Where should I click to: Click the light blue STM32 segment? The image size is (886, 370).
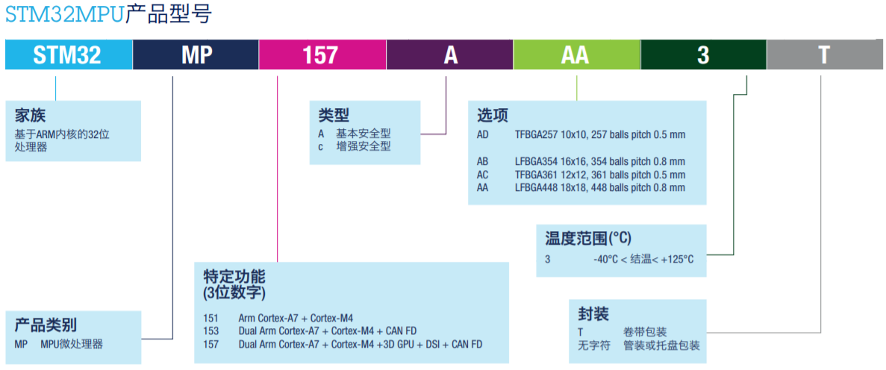click(x=69, y=55)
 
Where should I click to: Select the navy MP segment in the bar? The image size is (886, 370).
click(x=196, y=55)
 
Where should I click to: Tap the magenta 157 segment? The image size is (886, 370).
click(x=322, y=55)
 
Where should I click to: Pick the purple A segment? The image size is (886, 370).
click(x=449, y=55)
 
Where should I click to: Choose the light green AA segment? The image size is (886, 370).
click(x=576, y=55)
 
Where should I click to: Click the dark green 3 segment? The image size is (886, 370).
click(x=703, y=55)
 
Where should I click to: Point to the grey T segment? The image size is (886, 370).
click(x=824, y=55)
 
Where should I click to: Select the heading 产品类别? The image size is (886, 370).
click(x=46, y=325)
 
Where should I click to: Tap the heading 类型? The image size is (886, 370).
click(x=334, y=116)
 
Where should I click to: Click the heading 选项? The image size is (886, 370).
click(x=493, y=116)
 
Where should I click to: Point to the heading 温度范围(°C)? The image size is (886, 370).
click(x=588, y=239)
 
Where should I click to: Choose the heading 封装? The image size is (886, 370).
click(x=593, y=313)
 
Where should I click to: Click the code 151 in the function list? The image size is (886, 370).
click(x=211, y=318)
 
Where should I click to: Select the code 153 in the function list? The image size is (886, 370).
click(x=211, y=331)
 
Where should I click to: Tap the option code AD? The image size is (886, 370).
click(x=483, y=135)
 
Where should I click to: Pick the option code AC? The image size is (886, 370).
click(x=483, y=175)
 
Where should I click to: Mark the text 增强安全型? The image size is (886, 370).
click(x=364, y=147)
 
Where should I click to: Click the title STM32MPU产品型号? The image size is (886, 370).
click(x=108, y=14)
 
